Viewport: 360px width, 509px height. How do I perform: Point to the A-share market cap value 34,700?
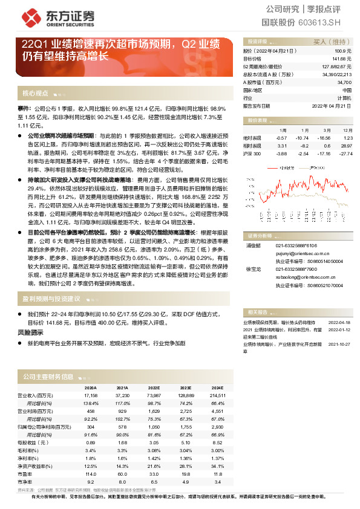(344, 82)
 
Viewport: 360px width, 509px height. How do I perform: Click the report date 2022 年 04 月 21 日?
(332, 105)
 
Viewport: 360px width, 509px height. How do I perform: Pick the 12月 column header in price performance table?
(347, 130)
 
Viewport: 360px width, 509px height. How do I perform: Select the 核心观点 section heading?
(35, 93)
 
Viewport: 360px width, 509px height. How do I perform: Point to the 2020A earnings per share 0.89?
(90, 442)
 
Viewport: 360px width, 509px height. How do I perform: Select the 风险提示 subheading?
(30, 332)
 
